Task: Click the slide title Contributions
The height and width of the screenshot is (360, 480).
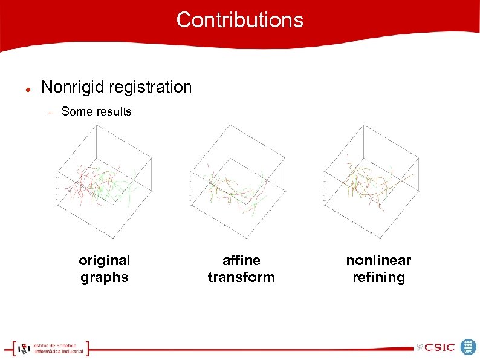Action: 239,20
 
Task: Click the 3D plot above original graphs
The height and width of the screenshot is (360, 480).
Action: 102,182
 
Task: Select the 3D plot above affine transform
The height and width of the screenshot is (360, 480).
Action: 238,182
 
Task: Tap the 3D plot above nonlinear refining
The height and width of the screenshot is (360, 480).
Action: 371,182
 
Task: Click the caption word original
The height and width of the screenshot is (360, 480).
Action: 104,260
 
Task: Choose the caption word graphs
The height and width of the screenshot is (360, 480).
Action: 104,277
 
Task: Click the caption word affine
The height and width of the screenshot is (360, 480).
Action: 241,260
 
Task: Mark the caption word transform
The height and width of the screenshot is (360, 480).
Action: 241,277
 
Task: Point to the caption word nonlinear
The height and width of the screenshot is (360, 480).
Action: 378,260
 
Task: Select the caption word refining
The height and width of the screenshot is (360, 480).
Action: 378,277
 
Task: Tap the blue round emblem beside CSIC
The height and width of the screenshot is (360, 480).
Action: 469,347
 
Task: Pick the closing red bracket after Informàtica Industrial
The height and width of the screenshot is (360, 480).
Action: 87,348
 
